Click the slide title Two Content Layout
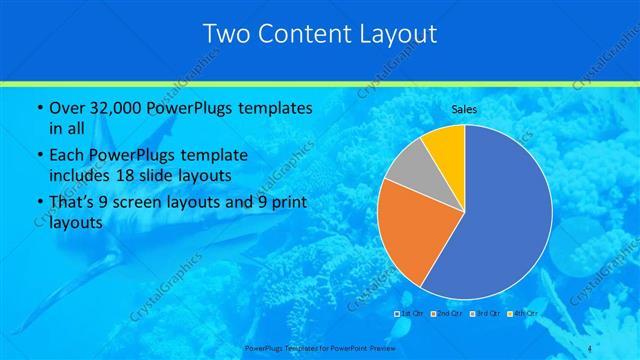coord(320,34)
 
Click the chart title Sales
coord(465,109)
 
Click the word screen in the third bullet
coord(146,204)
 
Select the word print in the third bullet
coord(287,204)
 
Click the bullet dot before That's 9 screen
coord(38,205)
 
